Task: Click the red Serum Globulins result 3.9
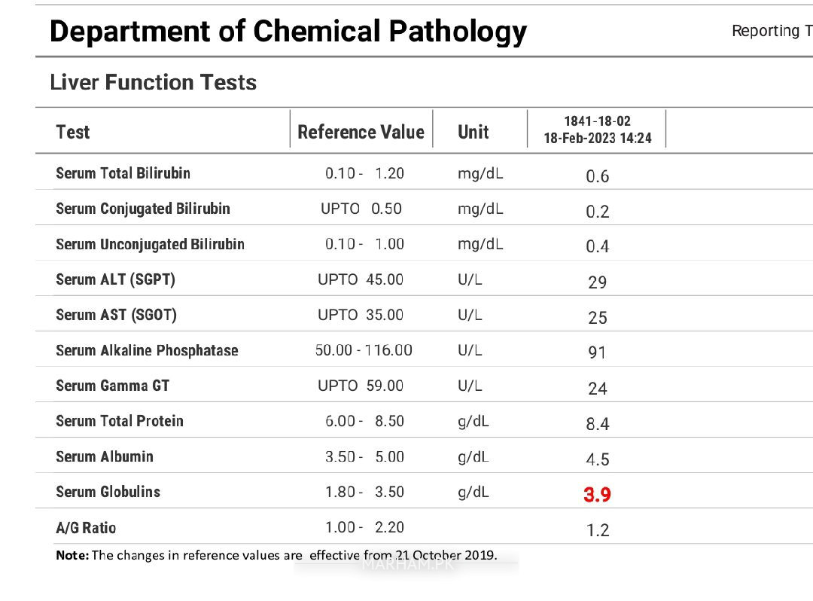click(x=597, y=494)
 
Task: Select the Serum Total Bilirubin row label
click(x=123, y=173)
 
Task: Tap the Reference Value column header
click(x=361, y=132)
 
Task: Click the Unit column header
click(x=473, y=132)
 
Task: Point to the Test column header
click(x=72, y=132)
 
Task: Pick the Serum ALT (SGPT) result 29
click(x=597, y=282)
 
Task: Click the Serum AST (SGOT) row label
click(x=116, y=315)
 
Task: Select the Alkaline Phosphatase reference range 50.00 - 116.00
click(x=364, y=350)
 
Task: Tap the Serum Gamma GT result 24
click(x=597, y=389)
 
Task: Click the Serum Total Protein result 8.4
click(x=597, y=424)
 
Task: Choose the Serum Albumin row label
click(x=105, y=456)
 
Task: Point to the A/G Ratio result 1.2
click(x=597, y=530)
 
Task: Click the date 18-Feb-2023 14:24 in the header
click(x=597, y=139)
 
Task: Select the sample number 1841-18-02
click(x=597, y=121)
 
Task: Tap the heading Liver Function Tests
click(x=153, y=82)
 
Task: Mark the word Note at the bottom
click(x=72, y=555)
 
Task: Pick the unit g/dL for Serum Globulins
click(x=473, y=493)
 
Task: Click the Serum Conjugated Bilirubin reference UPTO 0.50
click(x=361, y=209)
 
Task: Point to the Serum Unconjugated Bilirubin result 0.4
click(x=597, y=246)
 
